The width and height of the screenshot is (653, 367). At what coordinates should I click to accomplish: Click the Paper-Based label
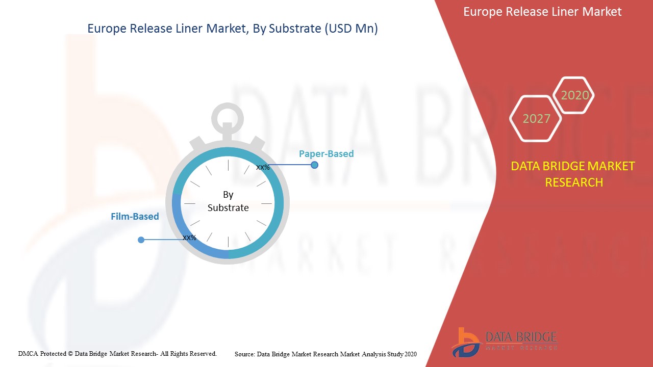[326, 154]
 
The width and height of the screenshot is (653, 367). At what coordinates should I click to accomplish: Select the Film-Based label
[135, 217]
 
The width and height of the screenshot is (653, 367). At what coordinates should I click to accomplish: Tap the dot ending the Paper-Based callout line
[314, 165]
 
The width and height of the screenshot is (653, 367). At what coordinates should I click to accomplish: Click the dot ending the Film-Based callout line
[141, 240]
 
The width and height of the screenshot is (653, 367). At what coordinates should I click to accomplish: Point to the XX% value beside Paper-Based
[263, 168]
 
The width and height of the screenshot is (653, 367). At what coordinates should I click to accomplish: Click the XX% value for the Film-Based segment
[189, 238]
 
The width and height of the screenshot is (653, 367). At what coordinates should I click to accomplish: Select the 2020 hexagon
[574, 95]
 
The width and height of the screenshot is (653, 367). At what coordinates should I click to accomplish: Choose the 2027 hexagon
[536, 119]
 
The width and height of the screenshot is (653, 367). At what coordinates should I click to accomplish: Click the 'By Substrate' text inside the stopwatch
[228, 201]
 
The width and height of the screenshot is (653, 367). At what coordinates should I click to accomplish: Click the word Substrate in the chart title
[295, 29]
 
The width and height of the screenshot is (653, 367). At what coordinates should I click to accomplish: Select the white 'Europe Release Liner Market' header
[542, 12]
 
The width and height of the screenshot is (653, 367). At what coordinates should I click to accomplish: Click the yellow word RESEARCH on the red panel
[574, 182]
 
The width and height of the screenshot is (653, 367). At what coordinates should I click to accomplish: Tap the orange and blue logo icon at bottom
[466, 343]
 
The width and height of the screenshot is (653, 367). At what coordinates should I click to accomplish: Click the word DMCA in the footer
[28, 354]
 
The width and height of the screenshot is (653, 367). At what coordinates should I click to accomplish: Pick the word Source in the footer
[245, 354]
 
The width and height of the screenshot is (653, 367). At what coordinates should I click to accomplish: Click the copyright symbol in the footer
[70, 354]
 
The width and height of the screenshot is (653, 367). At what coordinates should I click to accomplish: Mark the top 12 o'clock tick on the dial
[228, 165]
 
